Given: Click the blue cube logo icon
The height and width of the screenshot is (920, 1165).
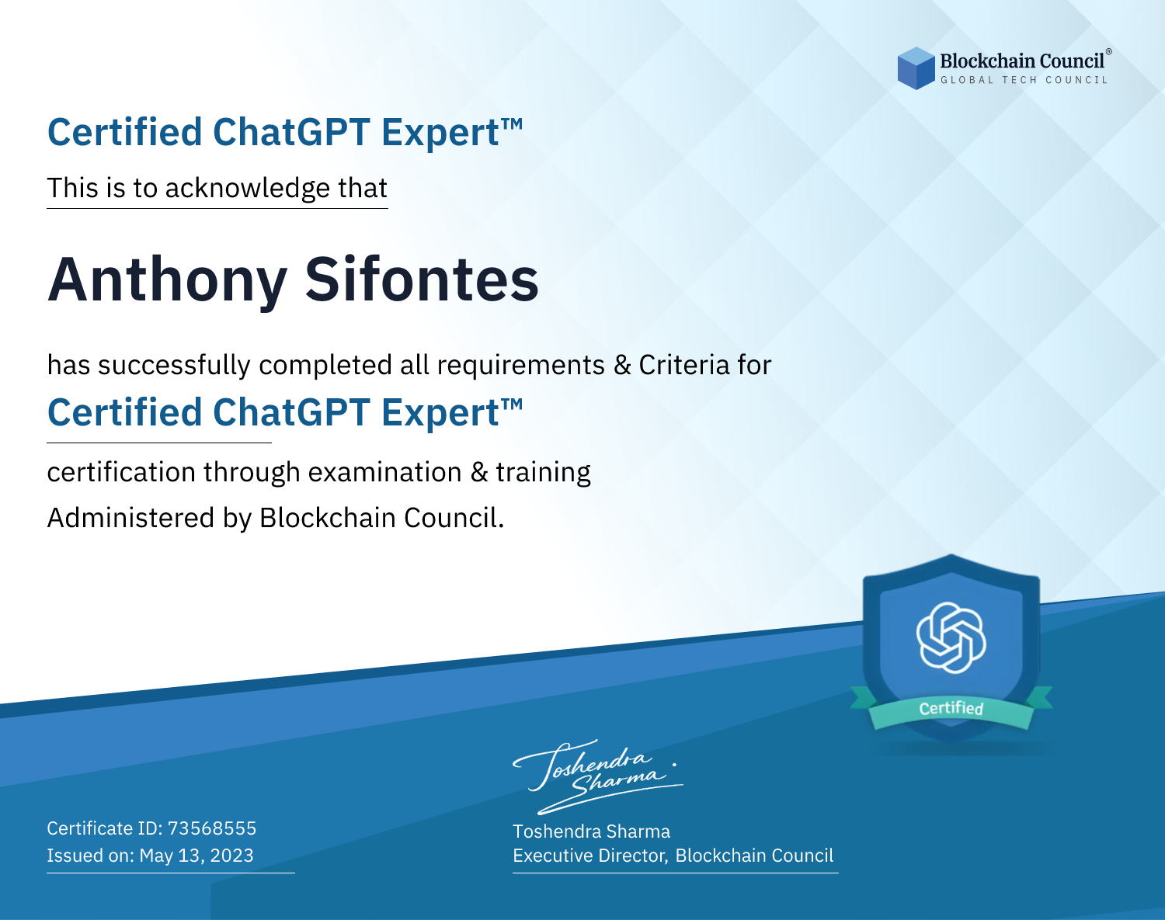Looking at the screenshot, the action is (916, 68).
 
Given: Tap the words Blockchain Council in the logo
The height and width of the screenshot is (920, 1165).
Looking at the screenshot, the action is (1022, 61).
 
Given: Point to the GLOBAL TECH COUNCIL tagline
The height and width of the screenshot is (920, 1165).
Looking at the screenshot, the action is (1024, 80).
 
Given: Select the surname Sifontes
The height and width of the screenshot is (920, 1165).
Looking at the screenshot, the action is (422, 279).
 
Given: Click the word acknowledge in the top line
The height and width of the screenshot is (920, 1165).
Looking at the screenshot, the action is (247, 189).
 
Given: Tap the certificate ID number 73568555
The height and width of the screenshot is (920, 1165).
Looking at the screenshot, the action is (212, 828).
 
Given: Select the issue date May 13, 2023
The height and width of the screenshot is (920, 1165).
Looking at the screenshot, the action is (196, 855).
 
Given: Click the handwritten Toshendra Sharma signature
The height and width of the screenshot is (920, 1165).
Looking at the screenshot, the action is (598, 776).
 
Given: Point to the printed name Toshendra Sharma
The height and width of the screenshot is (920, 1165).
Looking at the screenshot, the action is (591, 831).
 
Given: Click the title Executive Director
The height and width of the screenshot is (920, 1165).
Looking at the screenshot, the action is (589, 856).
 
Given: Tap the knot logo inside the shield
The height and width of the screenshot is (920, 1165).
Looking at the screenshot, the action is (951, 637).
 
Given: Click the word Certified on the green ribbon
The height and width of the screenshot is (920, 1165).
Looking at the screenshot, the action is (951, 708).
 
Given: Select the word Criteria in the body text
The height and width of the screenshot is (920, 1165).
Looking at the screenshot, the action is (683, 365).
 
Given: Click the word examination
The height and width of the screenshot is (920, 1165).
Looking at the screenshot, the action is (385, 472).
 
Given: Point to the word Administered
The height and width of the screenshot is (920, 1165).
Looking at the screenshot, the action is (130, 518).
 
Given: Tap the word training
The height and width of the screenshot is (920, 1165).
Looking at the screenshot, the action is (543, 473).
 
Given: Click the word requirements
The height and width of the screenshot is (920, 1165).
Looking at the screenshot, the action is (521, 366).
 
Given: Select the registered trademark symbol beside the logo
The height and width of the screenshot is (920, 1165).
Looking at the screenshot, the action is (1109, 52).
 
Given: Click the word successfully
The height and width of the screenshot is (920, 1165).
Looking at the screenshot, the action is (174, 366).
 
